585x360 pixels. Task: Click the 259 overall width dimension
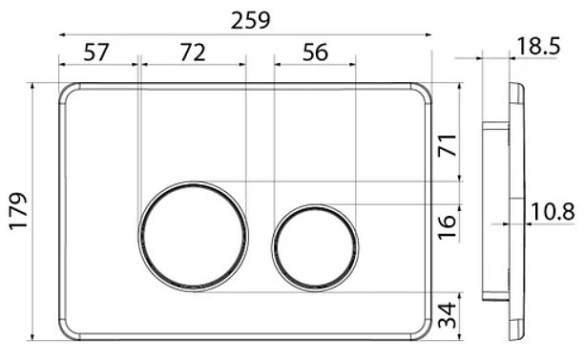tap(250, 20)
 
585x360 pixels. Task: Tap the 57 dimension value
tap(95, 53)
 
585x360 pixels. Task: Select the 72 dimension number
tap(193, 53)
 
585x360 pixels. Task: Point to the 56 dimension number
tap(315, 53)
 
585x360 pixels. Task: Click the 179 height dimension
tap(19, 211)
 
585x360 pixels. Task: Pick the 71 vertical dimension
tap(447, 145)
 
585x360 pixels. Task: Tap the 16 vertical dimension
tap(447, 227)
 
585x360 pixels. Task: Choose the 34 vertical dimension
tap(447, 315)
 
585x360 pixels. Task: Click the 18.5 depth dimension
tap(538, 46)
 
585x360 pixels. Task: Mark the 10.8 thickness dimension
tap(553, 212)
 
